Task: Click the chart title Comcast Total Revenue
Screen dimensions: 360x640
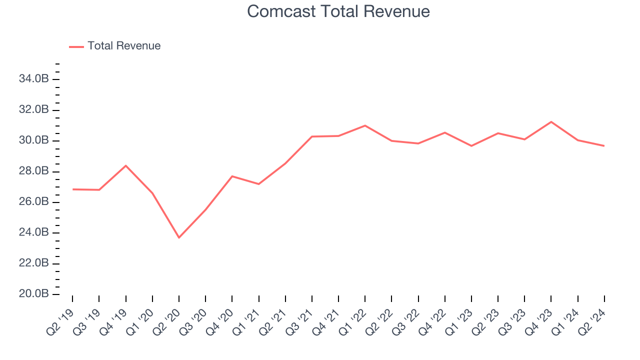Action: click(338, 11)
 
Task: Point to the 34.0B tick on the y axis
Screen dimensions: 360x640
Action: click(34, 79)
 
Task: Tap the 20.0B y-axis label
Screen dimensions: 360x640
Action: click(34, 294)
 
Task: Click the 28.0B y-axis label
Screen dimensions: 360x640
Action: click(34, 171)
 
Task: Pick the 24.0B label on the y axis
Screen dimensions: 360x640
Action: click(34, 232)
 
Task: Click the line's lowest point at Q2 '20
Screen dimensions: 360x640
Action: click(179, 237)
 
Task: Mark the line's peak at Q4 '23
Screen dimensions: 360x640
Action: click(551, 121)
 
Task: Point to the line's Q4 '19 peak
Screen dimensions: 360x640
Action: click(125, 165)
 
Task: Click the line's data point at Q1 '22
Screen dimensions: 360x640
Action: click(365, 125)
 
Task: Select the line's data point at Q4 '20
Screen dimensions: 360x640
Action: click(232, 176)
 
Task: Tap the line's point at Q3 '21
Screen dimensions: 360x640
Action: click(312, 136)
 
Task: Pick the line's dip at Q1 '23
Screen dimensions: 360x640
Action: click(471, 145)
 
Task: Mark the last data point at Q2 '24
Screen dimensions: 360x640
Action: click(604, 145)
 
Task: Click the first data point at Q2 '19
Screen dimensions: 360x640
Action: click(72, 189)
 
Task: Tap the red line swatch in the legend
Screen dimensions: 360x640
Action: click(76, 46)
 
